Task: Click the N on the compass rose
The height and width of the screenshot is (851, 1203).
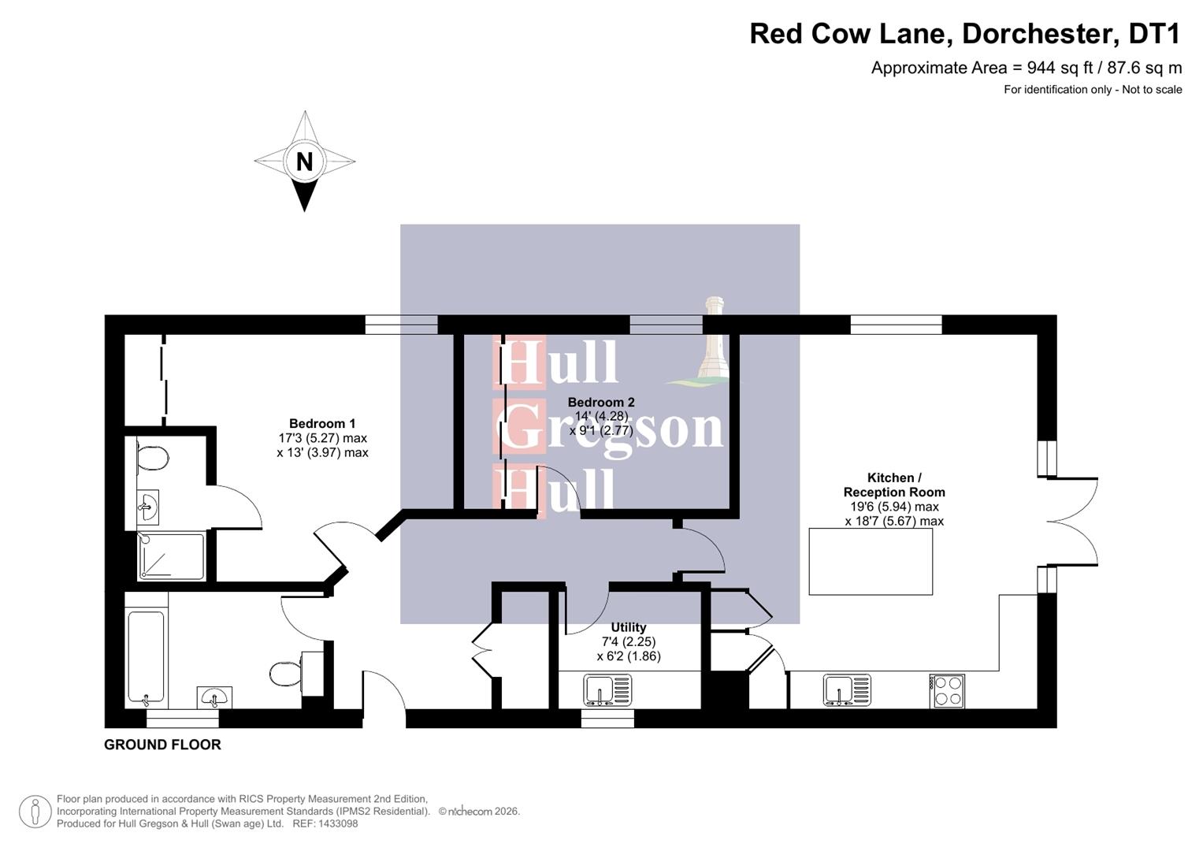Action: click(x=304, y=162)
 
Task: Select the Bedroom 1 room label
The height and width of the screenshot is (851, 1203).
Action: click(x=322, y=423)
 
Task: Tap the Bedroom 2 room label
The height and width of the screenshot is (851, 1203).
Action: click(x=601, y=402)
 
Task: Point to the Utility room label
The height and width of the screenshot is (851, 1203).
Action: click(x=628, y=627)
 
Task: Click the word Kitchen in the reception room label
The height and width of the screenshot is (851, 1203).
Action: click(x=889, y=478)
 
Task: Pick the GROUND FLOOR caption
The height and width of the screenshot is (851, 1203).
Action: click(x=162, y=745)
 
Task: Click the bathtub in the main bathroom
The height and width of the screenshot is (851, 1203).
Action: click(x=147, y=657)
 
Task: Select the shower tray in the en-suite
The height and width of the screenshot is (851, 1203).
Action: click(x=171, y=556)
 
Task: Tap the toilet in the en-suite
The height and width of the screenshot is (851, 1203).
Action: click(x=152, y=459)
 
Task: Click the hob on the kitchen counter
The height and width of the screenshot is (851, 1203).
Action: click(x=947, y=691)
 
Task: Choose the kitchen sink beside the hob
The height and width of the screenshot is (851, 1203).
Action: click(x=847, y=690)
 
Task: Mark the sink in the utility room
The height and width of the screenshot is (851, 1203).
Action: click(x=607, y=690)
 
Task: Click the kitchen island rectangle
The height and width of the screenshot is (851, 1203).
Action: click(x=871, y=561)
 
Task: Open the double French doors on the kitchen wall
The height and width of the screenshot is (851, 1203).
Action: click(x=1073, y=522)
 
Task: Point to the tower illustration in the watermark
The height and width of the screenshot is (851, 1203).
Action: click(x=714, y=339)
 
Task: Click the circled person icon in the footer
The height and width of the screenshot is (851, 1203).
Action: click(x=35, y=812)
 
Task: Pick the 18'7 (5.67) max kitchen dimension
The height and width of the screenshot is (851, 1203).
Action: click(x=894, y=521)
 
